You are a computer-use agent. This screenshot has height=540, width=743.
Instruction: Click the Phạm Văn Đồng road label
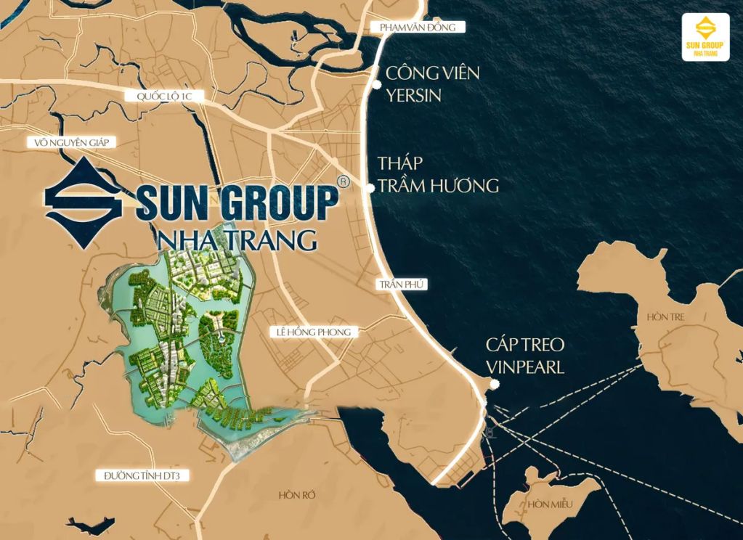pos(417,28)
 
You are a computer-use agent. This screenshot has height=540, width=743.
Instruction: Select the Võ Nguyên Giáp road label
pos(71,142)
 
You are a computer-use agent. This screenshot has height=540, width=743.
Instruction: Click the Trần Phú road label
pos(401,285)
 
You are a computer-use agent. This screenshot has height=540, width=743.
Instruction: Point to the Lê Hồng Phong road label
pos(314,332)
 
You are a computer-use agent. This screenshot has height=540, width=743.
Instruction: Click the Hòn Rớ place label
pos(297,495)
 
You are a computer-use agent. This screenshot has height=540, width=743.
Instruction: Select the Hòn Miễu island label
pos(551,504)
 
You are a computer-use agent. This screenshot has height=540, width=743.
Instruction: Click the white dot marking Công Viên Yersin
pos(376,84)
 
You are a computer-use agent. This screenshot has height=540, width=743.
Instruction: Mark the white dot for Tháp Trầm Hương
pos(370,188)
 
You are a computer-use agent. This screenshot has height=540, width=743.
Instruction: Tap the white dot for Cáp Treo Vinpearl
pos(494,385)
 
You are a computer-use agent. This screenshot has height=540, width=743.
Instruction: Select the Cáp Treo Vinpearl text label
pos(525,356)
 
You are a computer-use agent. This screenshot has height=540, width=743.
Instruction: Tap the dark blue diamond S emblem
pos(83,203)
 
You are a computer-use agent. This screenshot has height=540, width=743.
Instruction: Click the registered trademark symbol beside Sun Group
pos(344,181)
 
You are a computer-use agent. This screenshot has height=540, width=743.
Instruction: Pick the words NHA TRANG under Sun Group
pos(237,239)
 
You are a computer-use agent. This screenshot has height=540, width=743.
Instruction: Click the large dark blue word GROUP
pos(280,204)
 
